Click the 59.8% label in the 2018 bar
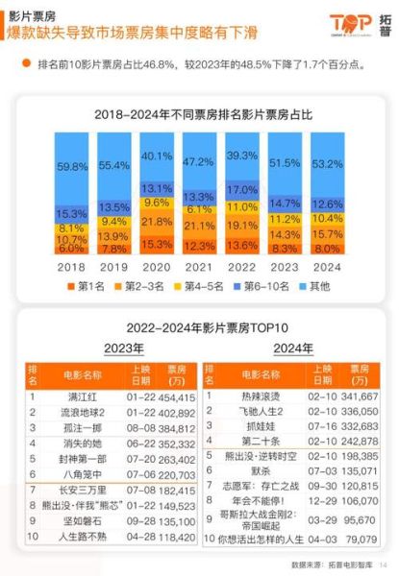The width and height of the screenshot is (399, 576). pyautogui.click(x=71, y=165)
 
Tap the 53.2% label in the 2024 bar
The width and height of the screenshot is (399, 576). pyautogui.click(x=329, y=162)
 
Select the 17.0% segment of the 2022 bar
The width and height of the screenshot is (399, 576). pyautogui.click(x=242, y=188)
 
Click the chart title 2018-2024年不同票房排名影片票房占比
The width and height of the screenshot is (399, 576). pyautogui.click(x=200, y=113)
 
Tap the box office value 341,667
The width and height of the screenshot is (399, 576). pyautogui.click(x=357, y=396)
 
